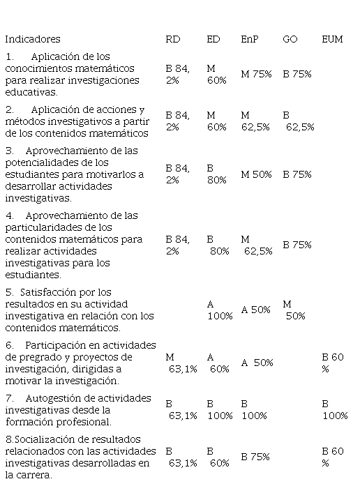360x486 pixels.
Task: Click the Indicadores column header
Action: tap(33, 39)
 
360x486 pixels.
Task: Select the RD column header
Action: tap(173, 39)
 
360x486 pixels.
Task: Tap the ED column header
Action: tap(213, 39)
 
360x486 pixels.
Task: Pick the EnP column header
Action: tap(250, 39)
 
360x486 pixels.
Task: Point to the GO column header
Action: tap(290, 39)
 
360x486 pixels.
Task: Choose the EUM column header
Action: tap(332, 39)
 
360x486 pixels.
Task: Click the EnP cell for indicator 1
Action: tap(256, 75)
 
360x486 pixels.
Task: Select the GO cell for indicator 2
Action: tap(299, 121)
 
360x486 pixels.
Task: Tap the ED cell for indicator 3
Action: tap(217, 174)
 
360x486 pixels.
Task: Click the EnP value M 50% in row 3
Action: tap(256, 174)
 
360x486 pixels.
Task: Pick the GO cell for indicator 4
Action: tap(297, 245)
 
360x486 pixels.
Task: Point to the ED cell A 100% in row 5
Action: tap(220, 310)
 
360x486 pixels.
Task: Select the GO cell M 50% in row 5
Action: tap(294, 310)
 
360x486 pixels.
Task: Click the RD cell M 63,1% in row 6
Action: tap(181, 363)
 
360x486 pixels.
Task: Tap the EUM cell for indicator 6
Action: tap(333, 363)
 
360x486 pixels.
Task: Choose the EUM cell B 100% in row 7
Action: tap(335, 410)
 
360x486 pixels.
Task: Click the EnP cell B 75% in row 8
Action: tap(255, 457)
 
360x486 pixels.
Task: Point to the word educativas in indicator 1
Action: tap(31, 92)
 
